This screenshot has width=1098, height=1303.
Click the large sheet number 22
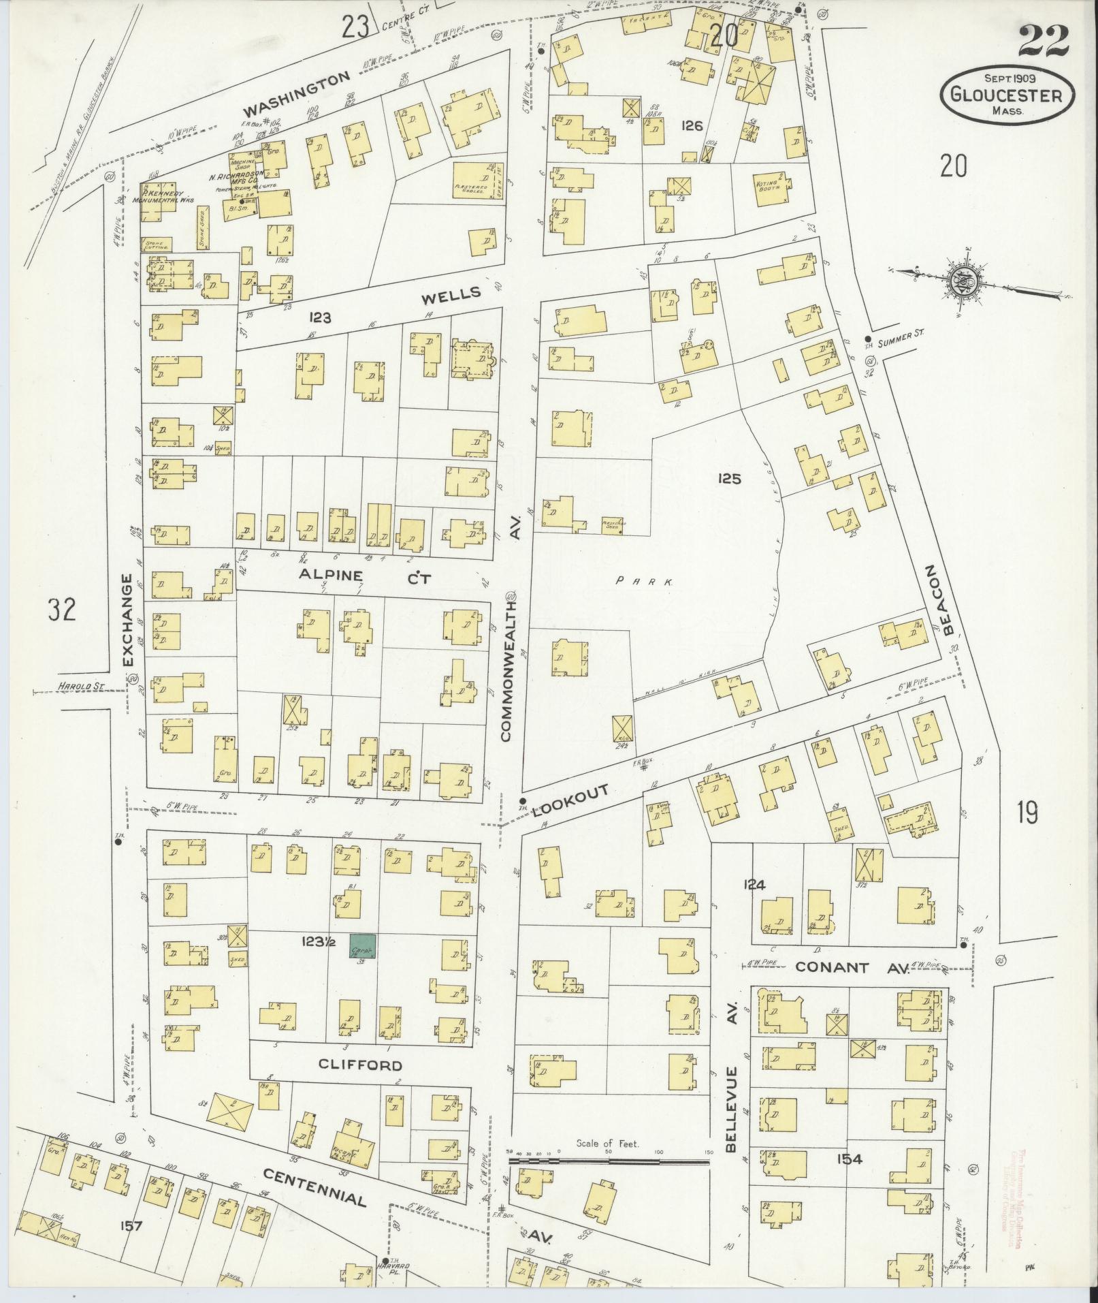point(1044,42)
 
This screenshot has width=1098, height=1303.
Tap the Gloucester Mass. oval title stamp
point(1008,94)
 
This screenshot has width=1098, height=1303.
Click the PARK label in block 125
point(643,582)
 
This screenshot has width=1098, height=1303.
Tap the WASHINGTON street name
point(297,94)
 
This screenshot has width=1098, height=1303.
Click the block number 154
point(850,1159)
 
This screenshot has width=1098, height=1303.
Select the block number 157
point(130,1226)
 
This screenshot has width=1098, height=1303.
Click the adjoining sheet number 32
point(62,609)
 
